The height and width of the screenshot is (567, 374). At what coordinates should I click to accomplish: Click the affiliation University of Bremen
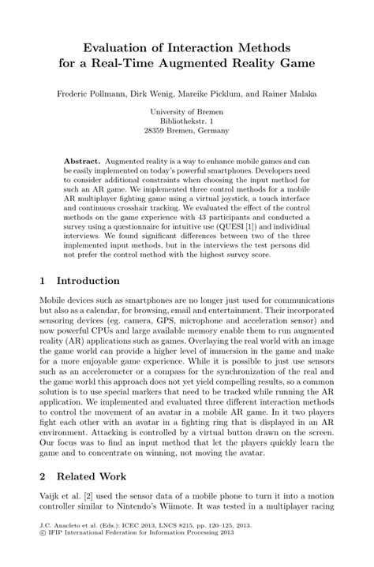point(186,114)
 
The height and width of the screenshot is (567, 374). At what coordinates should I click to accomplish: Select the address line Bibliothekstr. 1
point(186,124)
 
